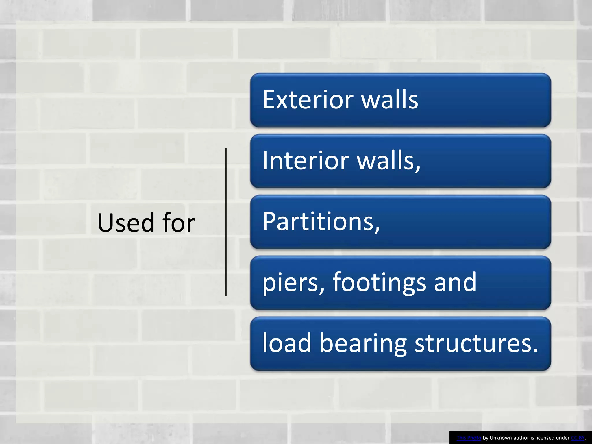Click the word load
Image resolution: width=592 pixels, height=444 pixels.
click(286, 343)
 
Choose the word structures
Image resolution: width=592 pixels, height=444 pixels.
click(474, 343)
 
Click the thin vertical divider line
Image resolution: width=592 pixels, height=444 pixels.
click(226, 222)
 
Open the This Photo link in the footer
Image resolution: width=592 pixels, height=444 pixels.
click(469, 438)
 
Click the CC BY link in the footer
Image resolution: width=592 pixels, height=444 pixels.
click(578, 438)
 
